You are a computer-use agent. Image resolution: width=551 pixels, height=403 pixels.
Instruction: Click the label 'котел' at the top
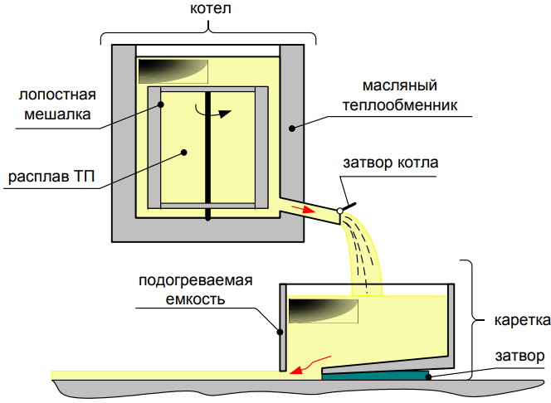(208, 12)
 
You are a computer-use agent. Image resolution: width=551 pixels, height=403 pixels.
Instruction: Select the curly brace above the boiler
(208, 33)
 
